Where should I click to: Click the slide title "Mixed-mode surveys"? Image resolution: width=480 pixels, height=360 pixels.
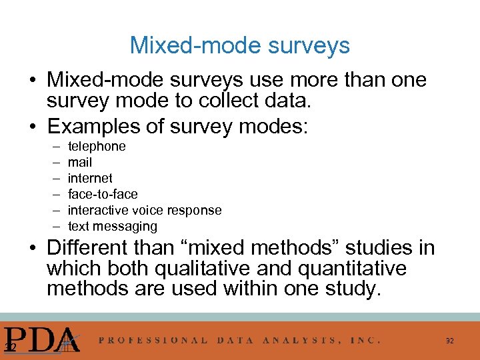click(239, 45)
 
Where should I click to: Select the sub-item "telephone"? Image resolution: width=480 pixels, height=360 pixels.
click(97, 146)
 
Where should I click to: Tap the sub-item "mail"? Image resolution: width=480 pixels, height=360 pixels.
click(80, 162)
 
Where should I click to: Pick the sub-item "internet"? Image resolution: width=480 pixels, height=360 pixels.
click(90, 178)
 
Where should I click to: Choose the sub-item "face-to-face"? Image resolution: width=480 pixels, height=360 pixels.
click(103, 194)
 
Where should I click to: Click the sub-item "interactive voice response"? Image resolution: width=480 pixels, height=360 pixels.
click(145, 210)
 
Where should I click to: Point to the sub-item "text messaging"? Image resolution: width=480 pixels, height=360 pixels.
click(113, 226)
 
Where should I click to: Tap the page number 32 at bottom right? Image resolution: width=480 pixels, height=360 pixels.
click(450, 341)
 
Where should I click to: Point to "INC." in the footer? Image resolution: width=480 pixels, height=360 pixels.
click(366, 339)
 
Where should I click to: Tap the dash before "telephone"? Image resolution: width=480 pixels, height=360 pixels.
click(53, 146)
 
